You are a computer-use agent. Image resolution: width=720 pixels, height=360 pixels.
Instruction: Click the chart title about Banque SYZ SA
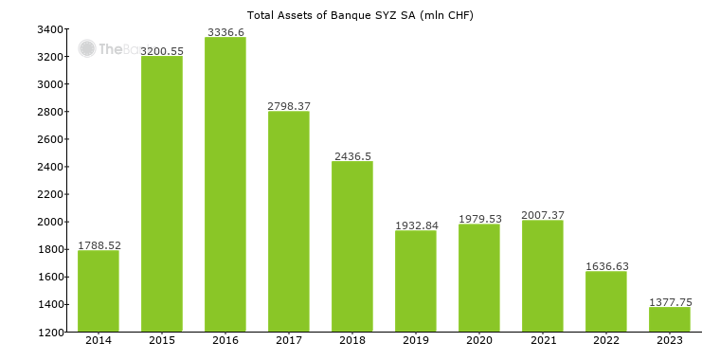(360, 15)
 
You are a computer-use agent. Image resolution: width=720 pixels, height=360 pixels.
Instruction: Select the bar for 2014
(99, 291)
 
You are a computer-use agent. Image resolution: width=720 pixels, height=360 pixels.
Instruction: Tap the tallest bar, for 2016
(225, 185)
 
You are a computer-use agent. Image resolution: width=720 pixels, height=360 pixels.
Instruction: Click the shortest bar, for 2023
(670, 319)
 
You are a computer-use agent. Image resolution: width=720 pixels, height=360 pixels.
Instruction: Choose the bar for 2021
(543, 276)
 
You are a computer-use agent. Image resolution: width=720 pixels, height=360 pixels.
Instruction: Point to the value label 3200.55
(162, 50)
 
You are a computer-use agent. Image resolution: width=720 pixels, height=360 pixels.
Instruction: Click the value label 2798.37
(289, 105)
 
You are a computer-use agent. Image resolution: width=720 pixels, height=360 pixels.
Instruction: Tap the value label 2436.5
(352, 155)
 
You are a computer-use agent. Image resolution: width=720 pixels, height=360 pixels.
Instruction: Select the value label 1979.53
(479, 219)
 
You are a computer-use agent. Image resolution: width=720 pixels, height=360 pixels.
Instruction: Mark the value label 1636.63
(606, 266)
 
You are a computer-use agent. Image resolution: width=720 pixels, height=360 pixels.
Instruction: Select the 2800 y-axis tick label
(50, 112)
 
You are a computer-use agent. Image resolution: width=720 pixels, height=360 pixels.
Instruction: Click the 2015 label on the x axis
(162, 340)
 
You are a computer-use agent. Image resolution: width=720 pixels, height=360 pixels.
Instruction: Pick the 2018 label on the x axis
(352, 340)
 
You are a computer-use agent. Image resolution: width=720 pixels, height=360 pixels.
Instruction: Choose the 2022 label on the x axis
(606, 340)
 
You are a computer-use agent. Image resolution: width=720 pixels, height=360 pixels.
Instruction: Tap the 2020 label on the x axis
(479, 340)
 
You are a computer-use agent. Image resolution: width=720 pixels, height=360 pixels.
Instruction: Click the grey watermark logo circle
(87, 48)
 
